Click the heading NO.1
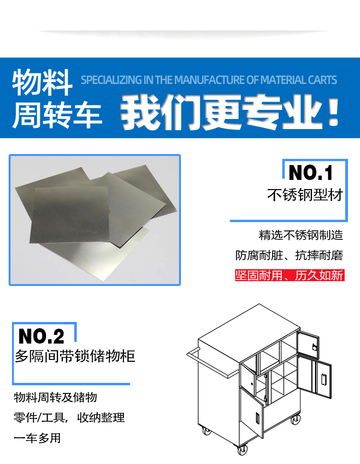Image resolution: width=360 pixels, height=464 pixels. pyautogui.click(x=311, y=173)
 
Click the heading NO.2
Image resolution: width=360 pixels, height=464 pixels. pyautogui.click(x=41, y=336)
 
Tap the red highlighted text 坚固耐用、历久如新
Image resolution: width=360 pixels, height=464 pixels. pyautogui.click(x=289, y=275)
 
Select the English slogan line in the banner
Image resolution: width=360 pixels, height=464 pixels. pyautogui.click(x=209, y=80)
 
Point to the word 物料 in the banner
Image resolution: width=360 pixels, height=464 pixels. pyautogui.click(x=42, y=82)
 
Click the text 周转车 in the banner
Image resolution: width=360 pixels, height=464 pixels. pyautogui.click(x=57, y=116)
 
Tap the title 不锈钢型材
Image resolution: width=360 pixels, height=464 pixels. pyautogui.click(x=305, y=195)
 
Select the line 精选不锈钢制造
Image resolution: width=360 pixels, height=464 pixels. pyautogui.click(x=301, y=235)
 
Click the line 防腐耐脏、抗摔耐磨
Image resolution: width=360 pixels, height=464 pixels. pyautogui.click(x=289, y=255)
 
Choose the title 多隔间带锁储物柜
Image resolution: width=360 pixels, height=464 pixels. pyautogui.click(x=75, y=356)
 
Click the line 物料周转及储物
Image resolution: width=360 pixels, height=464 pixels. pyautogui.click(x=55, y=397)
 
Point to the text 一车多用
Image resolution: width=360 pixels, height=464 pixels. pyautogui.click(x=37, y=438)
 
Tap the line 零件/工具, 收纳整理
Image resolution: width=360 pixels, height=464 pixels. pyautogui.click(x=69, y=418)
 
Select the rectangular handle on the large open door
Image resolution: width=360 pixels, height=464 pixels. pyautogui.click(x=324, y=379)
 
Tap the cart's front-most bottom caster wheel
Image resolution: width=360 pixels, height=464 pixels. pyautogui.click(x=242, y=450)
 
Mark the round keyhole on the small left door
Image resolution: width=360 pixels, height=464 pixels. pyautogui.click(x=252, y=384)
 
